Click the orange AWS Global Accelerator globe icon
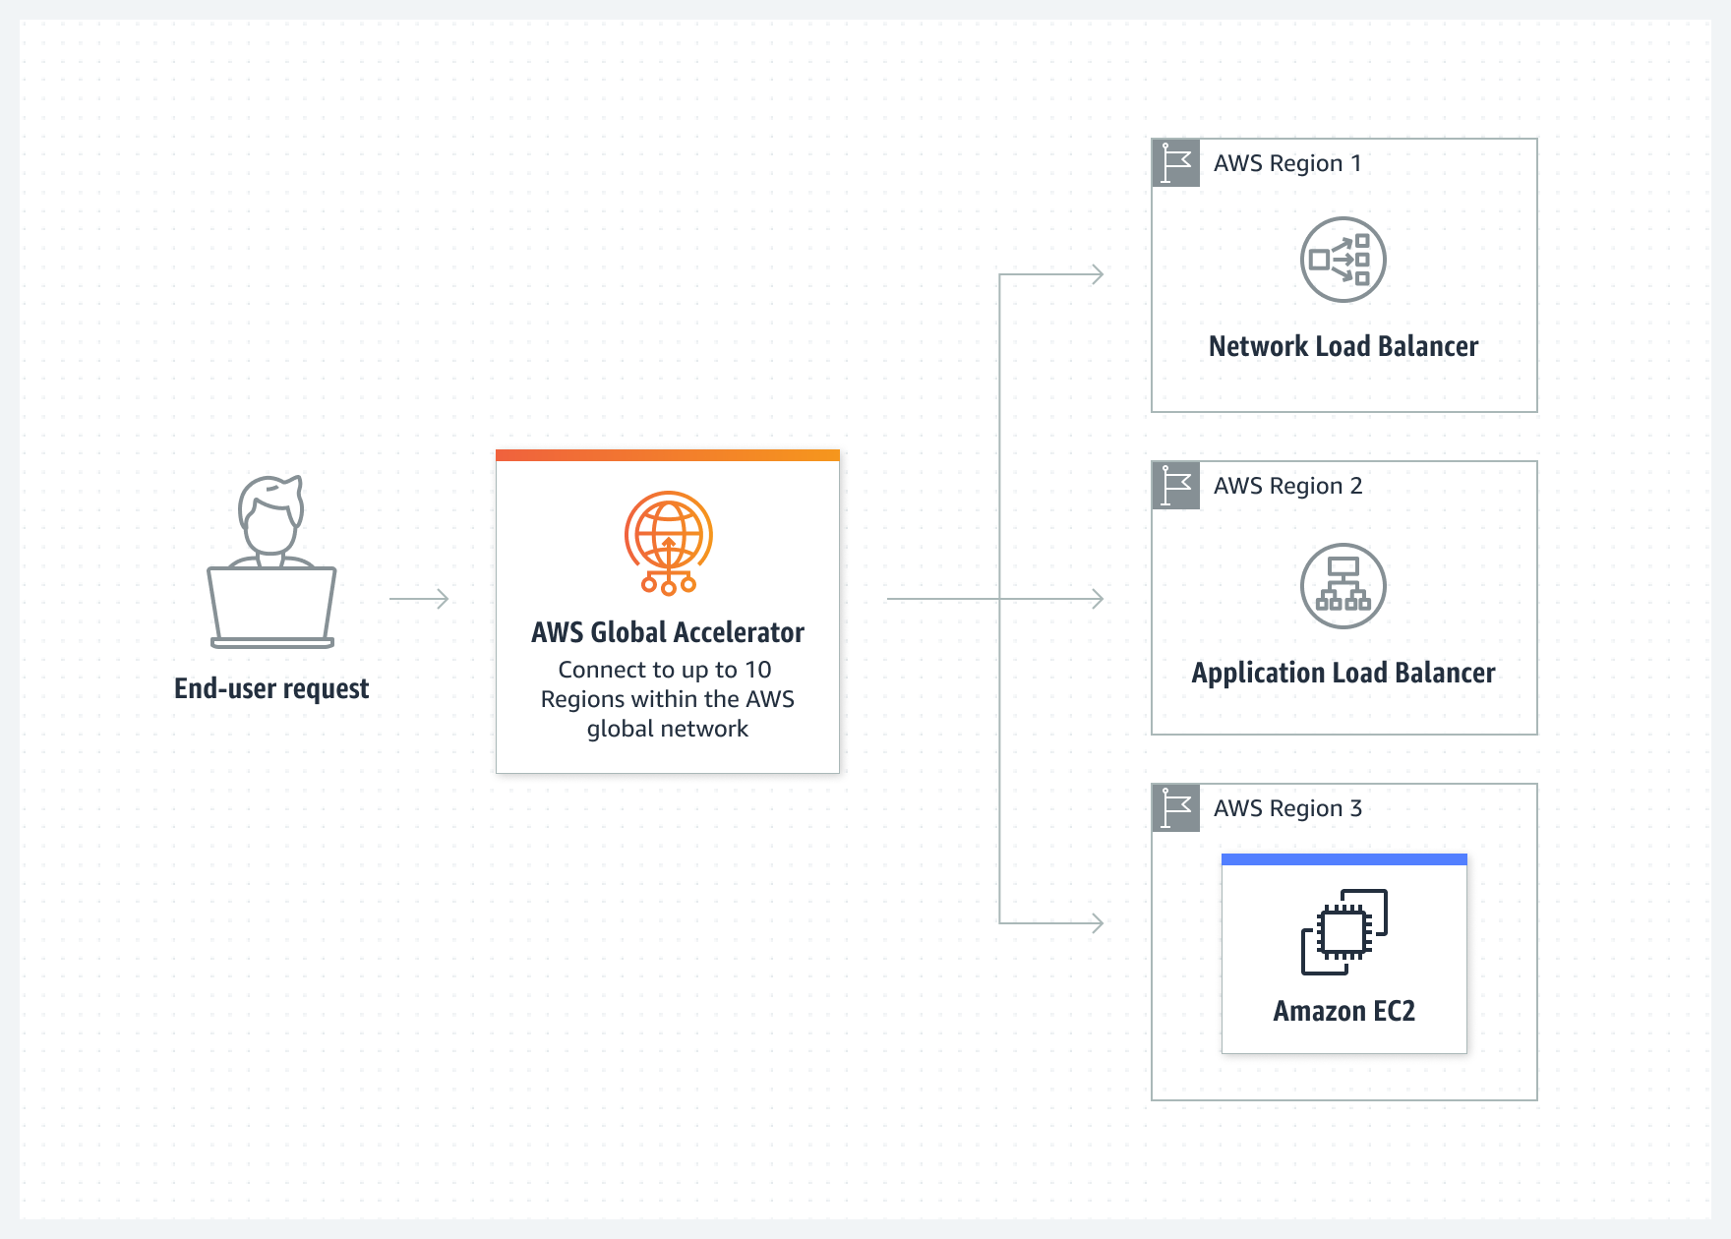[x=668, y=542]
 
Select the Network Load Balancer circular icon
[x=1343, y=260]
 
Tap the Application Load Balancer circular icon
[x=1343, y=586]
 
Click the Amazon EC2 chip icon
[x=1343, y=931]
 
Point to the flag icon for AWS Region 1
[x=1175, y=163]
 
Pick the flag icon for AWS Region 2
[x=1175, y=486]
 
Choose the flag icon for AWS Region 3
[x=1175, y=808]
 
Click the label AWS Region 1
[x=1286, y=163]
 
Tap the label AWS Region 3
[x=1286, y=808]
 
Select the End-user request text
[x=271, y=688]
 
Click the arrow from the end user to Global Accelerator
[x=419, y=599]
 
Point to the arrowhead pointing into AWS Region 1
[x=1097, y=275]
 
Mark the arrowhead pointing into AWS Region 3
[x=1097, y=922]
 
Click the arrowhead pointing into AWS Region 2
[x=1097, y=599]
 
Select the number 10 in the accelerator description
[x=757, y=670]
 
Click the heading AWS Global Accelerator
[x=668, y=632]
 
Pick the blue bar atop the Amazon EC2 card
[x=1343, y=859]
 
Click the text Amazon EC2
[x=1343, y=1011]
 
